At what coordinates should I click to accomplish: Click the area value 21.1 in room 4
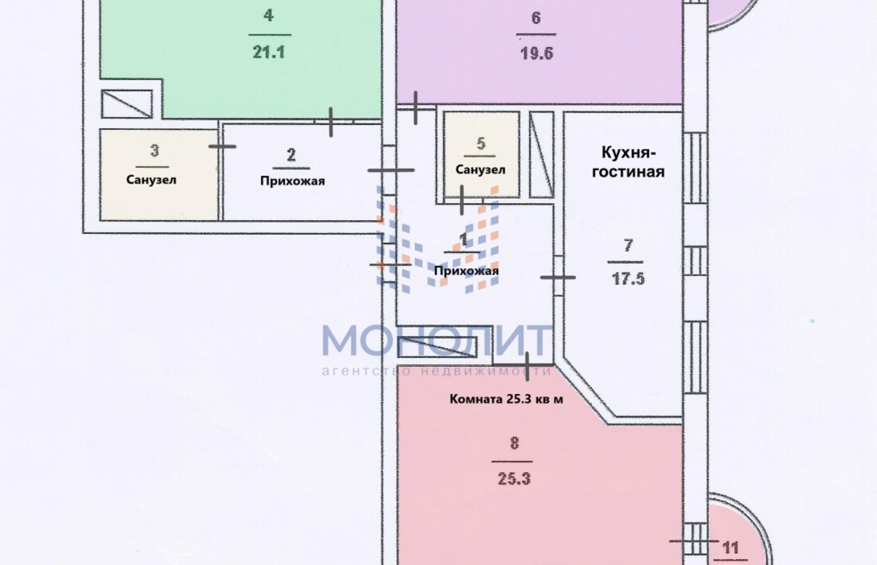coord(269,52)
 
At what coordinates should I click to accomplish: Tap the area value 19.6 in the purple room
coord(536,53)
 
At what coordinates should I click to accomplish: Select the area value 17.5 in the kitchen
coord(628,279)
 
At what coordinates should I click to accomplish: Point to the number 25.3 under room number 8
coord(514,479)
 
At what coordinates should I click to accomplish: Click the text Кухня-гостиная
coord(628,162)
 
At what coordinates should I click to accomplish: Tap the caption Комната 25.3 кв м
coord(506,399)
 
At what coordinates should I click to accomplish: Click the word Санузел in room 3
coord(151,180)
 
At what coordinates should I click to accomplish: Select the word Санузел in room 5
coord(480,170)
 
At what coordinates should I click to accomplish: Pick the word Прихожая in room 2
coord(292,181)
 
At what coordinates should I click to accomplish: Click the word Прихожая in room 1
coord(466,271)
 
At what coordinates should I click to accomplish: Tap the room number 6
coord(536,18)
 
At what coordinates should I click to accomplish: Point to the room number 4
coord(269,15)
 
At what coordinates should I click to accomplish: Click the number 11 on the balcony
coord(730,547)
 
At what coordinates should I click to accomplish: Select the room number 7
coord(628,246)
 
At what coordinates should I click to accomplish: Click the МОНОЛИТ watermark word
coord(436,341)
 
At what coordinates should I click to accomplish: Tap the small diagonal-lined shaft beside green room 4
coord(127,104)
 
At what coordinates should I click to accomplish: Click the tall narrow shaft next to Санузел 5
coord(542,155)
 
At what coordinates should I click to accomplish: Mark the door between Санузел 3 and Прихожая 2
coord(222,146)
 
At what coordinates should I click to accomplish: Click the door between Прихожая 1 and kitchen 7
coord(558,277)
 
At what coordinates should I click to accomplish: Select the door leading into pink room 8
coord(528,366)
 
